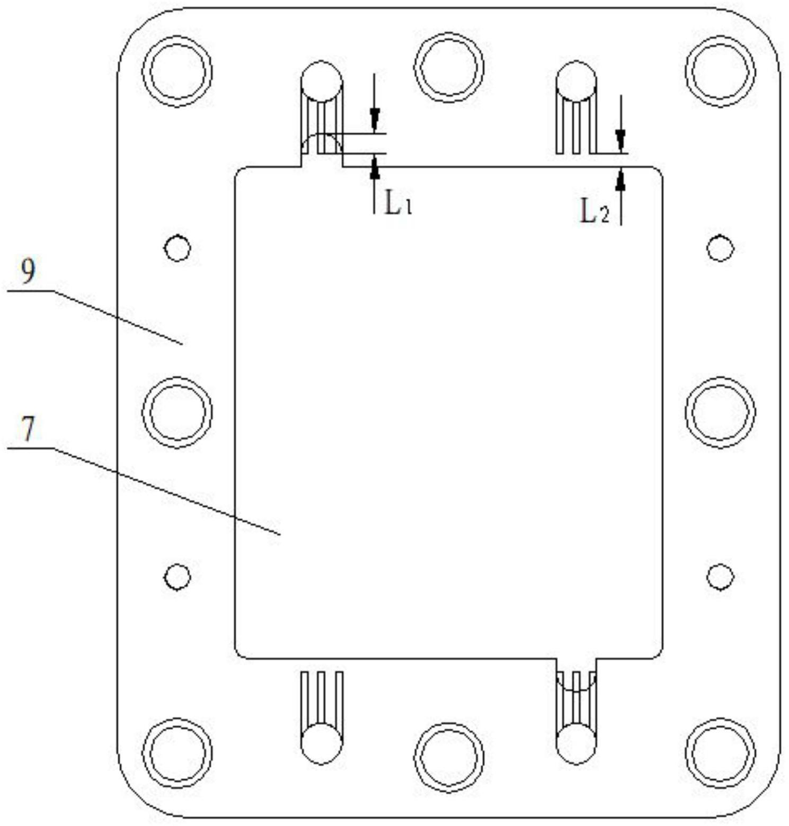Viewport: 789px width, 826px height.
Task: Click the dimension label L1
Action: [398, 203]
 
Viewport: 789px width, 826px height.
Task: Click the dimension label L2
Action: [595, 212]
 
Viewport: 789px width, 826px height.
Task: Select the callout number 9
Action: [28, 271]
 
